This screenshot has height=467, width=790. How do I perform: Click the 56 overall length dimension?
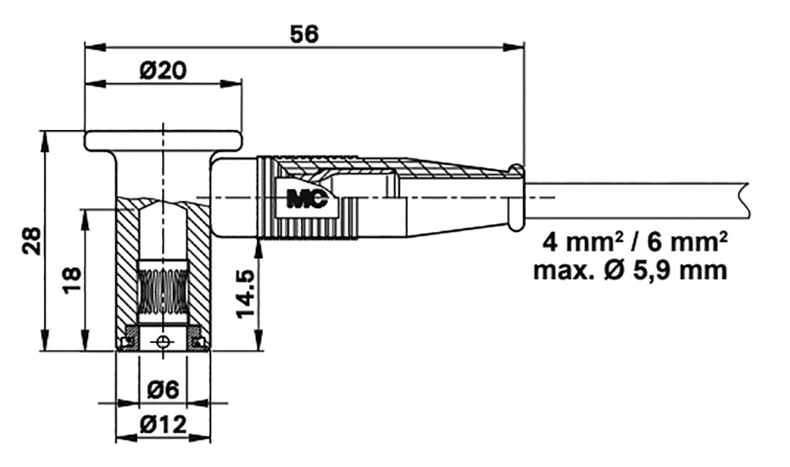[304, 33]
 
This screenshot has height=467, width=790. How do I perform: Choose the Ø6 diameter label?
[163, 389]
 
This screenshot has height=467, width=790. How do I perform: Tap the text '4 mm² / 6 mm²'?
[634, 242]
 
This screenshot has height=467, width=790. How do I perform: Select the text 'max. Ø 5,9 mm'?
[630, 269]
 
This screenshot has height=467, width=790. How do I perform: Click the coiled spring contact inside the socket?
[163, 291]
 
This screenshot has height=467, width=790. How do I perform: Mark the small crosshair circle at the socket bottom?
[163, 341]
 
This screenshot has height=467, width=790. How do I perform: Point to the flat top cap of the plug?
[163, 140]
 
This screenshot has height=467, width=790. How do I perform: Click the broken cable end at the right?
[743, 197]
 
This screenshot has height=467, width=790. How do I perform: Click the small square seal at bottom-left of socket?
[126, 342]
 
